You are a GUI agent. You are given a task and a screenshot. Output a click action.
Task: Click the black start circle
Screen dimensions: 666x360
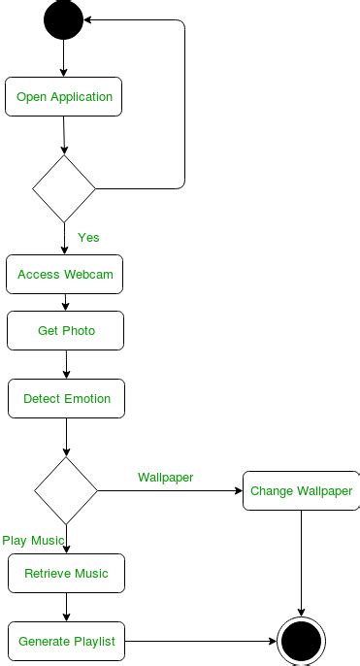coord(63,20)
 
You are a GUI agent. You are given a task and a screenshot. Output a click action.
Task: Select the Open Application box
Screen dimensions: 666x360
coord(64,97)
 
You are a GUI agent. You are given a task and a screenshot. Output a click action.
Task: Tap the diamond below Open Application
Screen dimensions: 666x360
coord(64,188)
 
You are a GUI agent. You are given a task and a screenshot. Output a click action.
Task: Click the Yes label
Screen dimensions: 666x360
coord(88,237)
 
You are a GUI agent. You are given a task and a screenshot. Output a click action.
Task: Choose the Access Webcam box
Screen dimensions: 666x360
coord(65,275)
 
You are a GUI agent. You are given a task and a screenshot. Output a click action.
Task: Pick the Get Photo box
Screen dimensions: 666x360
coord(66,331)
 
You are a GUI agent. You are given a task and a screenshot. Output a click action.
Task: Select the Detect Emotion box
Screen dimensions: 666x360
coord(66,399)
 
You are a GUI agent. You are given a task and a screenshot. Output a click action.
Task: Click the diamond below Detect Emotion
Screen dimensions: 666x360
coord(66,490)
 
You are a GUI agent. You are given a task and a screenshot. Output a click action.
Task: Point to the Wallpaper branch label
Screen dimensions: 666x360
coord(165,477)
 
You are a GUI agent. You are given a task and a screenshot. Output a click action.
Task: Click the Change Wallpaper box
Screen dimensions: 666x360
coord(301,491)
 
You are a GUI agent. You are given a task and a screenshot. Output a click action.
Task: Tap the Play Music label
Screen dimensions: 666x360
coord(33,540)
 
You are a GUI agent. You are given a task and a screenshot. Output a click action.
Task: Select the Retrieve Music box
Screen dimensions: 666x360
coord(66,574)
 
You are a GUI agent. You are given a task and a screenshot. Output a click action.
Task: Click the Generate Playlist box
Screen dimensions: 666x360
coord(66,642)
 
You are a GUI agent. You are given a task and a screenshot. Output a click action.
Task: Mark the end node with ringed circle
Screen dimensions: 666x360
coord(301,642)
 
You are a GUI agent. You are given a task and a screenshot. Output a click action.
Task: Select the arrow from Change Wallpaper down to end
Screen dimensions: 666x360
coord(301,563)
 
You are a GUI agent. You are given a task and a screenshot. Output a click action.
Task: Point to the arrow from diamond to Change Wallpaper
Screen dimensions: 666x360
coord(170,491)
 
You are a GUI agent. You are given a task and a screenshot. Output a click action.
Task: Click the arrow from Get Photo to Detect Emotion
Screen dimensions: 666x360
coord(66,364)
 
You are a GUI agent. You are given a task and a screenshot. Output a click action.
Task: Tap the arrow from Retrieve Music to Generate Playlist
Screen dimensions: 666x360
coord(66,607)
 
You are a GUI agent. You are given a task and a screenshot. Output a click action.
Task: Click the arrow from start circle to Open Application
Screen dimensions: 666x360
coord(63,57)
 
